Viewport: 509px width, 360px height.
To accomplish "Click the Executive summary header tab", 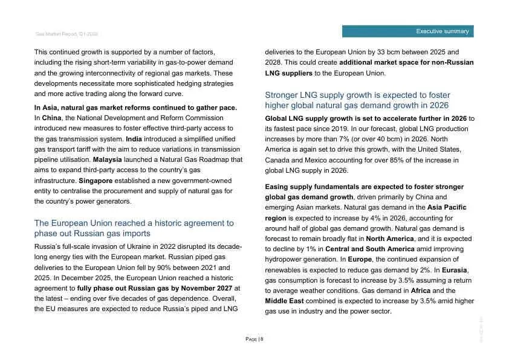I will tap(407, 31).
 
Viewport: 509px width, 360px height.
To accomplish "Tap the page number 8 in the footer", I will tap(261, 339).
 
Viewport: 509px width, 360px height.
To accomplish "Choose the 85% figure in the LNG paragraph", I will tap(382, 160).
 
